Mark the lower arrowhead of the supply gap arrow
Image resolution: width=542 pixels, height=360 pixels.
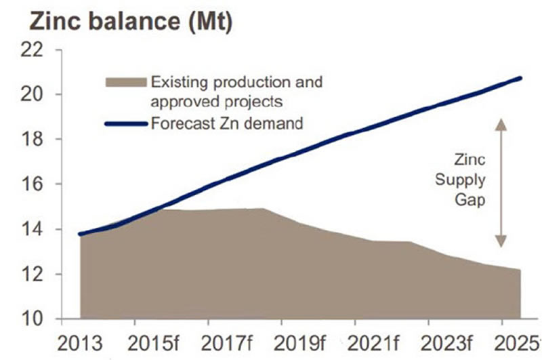coord(500,242)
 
